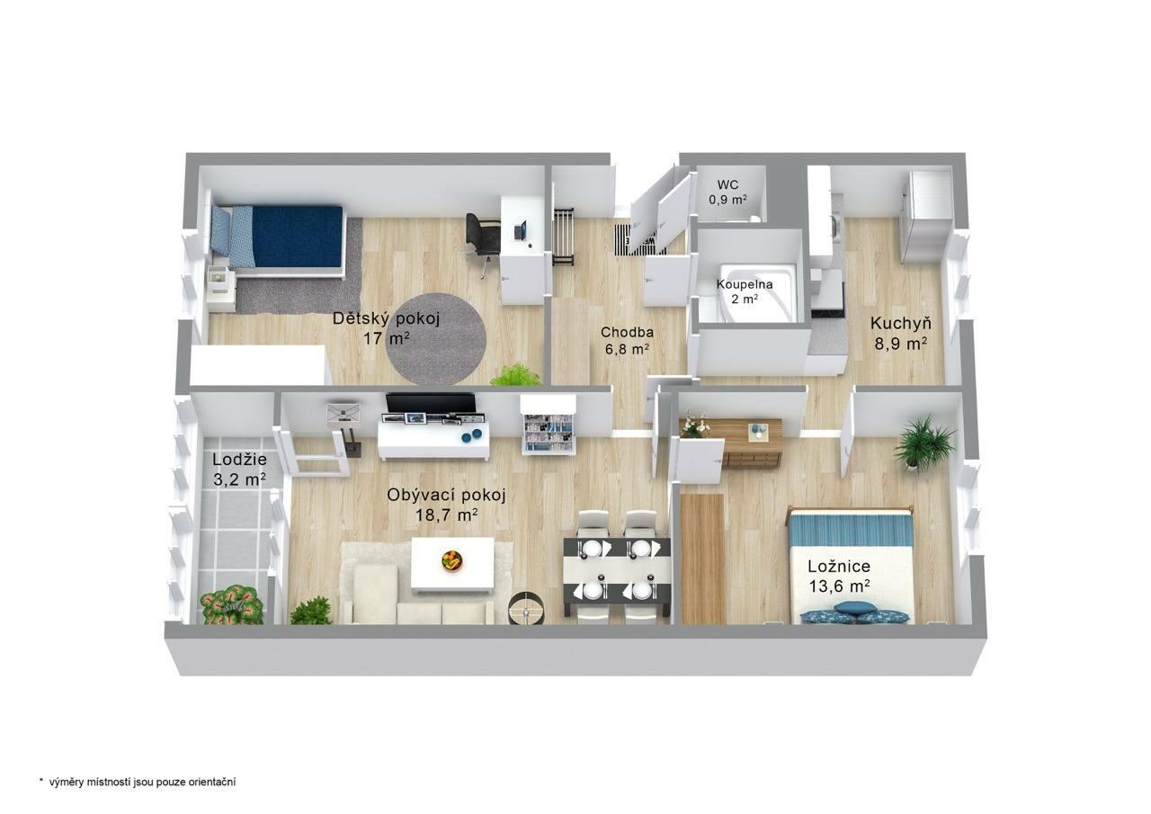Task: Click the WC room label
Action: click(728, 192)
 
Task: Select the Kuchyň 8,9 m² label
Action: click(901, 333)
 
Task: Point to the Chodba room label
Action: click(627, 341)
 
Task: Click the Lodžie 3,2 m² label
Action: click(239, 469)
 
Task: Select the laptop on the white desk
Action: click(521, 231)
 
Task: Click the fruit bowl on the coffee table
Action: click(451, 559)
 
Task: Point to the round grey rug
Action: click(436, 339)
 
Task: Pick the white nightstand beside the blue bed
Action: click(222, 289)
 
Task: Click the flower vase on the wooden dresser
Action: click(692, 425)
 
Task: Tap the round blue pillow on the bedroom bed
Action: click(850, 608)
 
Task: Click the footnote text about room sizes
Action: click(138, 782)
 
